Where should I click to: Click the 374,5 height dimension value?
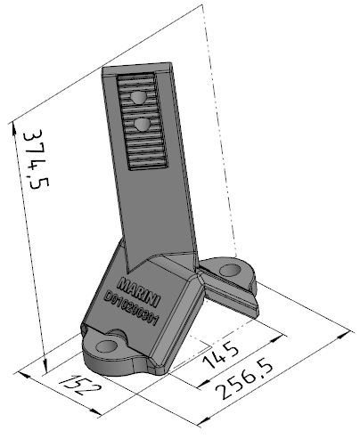[36, 159]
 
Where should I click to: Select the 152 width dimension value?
[80, 386]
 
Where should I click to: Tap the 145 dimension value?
[221, 354]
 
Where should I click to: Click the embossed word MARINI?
[139, 292]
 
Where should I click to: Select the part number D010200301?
[130, 308]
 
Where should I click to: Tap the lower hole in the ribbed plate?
[143, 125]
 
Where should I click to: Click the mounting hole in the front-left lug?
[107, 346]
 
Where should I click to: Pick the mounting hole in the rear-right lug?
[230, 271]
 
